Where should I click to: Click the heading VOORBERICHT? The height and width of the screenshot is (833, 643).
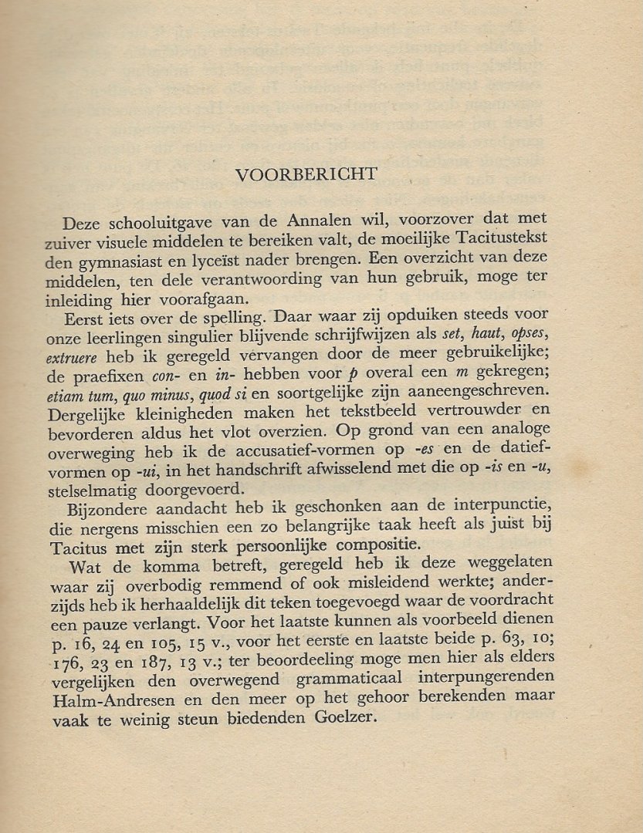click(x=306, y=175)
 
